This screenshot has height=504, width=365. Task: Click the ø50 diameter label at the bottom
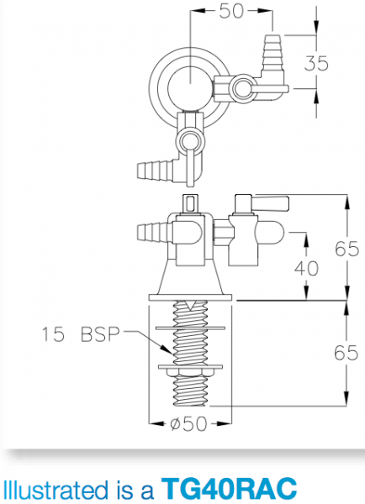point(189,423)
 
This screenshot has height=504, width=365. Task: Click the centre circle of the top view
point(191,84)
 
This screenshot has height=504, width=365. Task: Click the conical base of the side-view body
point(192,274)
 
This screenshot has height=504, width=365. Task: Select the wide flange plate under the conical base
point(192,295)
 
